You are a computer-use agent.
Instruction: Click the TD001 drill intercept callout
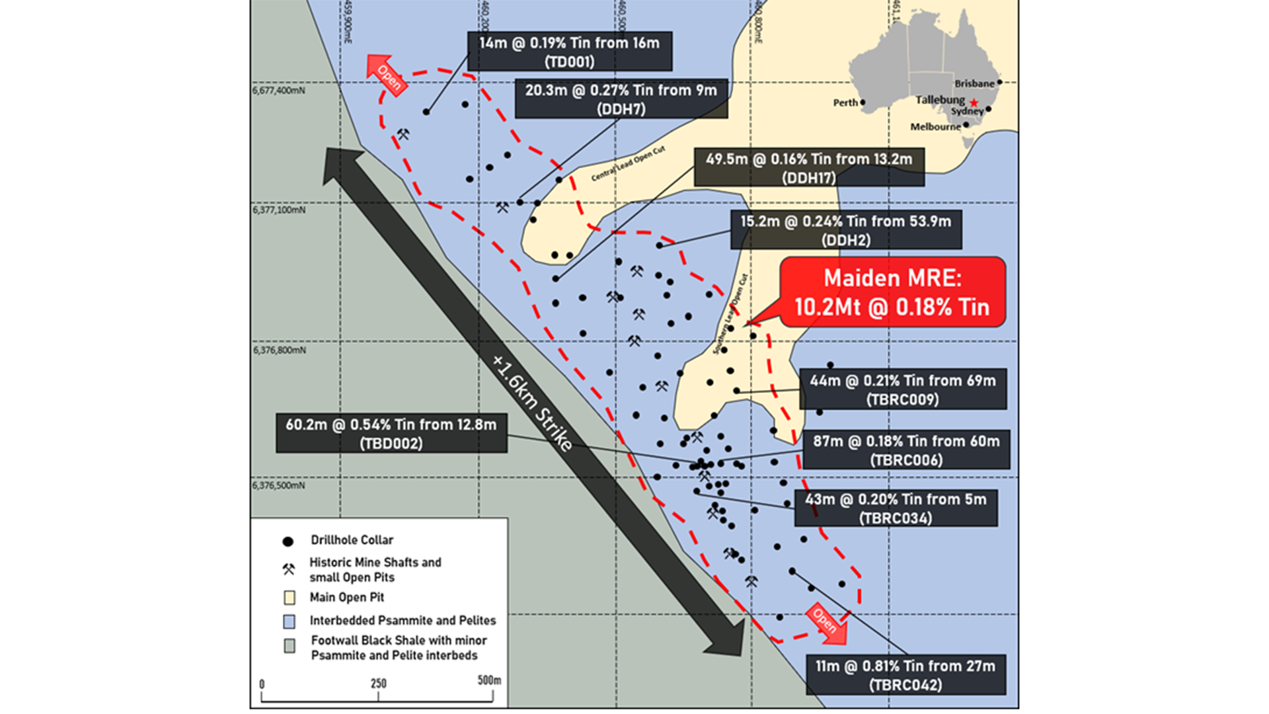[570, 52]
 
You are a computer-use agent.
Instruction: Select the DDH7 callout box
[621, 99]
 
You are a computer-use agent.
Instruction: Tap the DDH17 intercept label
[809, 168]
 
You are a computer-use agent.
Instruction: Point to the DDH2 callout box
[846, 230]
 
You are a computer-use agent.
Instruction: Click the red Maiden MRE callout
[892, 292]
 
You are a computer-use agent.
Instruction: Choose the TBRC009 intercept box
[903, 389]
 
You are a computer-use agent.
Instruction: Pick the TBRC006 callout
[906, 450]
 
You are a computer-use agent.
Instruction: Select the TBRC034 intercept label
[896, 508]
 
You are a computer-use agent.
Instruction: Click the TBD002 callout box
[391, 434]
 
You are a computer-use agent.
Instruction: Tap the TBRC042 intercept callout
[905, 675]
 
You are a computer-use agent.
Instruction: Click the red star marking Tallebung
[974, 102]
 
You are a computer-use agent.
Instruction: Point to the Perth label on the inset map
[845, 103]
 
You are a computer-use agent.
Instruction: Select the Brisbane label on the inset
[974, 84]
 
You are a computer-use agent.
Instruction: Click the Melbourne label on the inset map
[935, 127]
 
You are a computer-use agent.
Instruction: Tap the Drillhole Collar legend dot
[288, 541]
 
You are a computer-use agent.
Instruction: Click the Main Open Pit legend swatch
[289, 598]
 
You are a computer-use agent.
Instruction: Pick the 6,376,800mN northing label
[279, 350]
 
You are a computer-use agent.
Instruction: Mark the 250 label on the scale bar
[379, 684]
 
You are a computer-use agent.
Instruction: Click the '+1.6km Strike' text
[533, 403]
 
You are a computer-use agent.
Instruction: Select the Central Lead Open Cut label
[628, 163]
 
